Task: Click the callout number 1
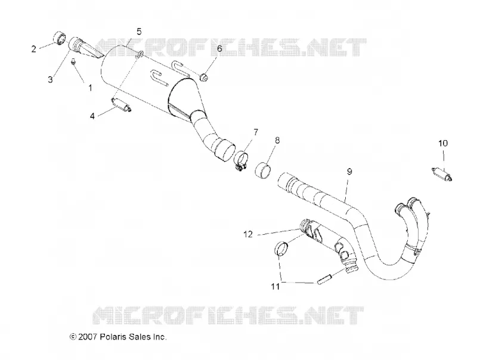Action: pyautogui.click(x=91, y=88)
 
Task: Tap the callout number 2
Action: pyautogui.click(x=34, y=49)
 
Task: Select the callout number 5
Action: pyautogui.click(x=139, y=32)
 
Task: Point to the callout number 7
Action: pyautogui.click(x=256, y=132)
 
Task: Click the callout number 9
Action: pyautogui.click(x=349, y=172)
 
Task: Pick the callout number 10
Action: pyautogui.click(x=443, y=143)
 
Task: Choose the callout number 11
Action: pyautogui.click(x=275, y=287)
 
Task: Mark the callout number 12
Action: pyautogui.click(x=248, y=234)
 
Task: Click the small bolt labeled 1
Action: pyautogui.click(x=73, y=62)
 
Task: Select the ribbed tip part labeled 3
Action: pyautogui.click(x=83, y=49)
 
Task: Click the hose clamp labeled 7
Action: pyautogui.click(x=241, y=160)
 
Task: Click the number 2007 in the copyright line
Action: pyautogui.click(x=88, y=337)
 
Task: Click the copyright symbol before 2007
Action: pyautogui.click(x=73, y=337)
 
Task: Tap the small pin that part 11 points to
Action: pyautogui.click(x=323, y=280)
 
